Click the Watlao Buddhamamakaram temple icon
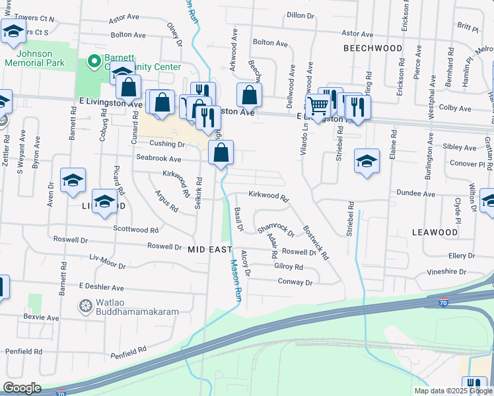85,306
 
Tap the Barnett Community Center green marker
94,63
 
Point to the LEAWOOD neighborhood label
435,232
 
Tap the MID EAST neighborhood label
210,249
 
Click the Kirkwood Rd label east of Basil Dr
269,196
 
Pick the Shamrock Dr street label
275,230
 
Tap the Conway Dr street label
295,282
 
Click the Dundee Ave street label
416,194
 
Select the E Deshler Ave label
101,288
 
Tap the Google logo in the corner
22,388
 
